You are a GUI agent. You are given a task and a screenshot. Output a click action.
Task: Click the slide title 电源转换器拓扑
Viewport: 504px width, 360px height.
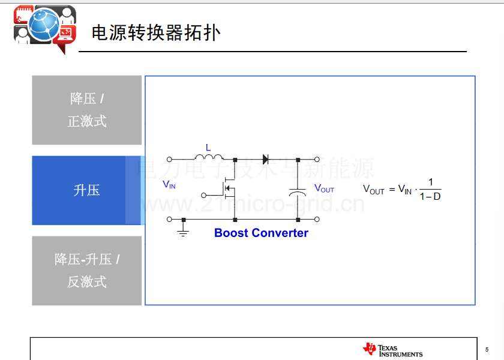[x=156, y=33]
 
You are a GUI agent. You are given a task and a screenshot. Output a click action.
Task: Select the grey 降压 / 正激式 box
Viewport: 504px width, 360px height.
[x=87, y=110]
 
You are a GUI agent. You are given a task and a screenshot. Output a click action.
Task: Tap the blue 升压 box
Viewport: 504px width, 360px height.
[x=87, y=190]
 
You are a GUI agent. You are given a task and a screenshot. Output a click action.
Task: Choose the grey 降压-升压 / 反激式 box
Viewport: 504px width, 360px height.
[x=87, y=271]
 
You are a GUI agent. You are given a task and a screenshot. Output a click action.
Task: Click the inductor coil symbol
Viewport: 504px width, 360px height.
[x=209, y=157]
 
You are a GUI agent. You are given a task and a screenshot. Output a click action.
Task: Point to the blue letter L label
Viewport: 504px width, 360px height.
[x=208, y=148]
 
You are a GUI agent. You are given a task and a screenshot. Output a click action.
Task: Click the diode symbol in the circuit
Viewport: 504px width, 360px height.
[x=265, y=159]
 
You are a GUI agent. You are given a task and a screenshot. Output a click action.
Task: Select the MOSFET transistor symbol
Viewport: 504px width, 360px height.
[x=228, y=188]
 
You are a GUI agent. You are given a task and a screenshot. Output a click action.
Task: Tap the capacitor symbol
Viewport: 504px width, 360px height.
[x=298, y=192]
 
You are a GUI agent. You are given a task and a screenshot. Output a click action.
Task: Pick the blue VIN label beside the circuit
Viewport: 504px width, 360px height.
[x=169, y=185]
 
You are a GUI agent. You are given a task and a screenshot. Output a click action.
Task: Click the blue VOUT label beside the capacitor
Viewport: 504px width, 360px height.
[x=324, y=188]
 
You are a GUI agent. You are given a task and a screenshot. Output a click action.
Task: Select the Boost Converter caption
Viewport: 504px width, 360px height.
[x=261, y=233]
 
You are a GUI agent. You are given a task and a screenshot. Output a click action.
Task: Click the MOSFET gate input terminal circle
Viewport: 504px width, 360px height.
[x=203, y=195]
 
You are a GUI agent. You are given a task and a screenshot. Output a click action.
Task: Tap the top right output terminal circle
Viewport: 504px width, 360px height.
[x=317, y=159]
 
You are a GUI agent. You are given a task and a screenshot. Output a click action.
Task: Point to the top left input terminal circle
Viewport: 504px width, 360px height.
[x=169, y=159]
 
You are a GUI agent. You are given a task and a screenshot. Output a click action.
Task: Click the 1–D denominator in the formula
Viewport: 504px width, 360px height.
[x=430, y=196]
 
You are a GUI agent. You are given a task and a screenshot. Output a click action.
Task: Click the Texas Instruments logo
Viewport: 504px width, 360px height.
[x=393, y=350]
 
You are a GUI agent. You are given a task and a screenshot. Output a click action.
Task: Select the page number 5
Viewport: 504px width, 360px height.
[x=487, y=349]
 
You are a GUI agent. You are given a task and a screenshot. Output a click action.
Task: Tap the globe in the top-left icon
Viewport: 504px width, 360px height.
[x=44, y=25]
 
